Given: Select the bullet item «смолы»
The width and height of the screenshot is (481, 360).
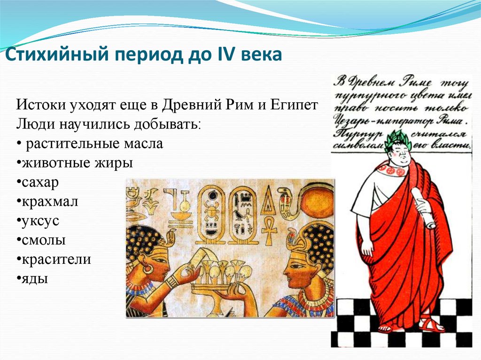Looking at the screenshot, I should click(x=43, y=240).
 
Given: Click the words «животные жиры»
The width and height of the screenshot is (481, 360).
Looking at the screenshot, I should click(x=77, y=163).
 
